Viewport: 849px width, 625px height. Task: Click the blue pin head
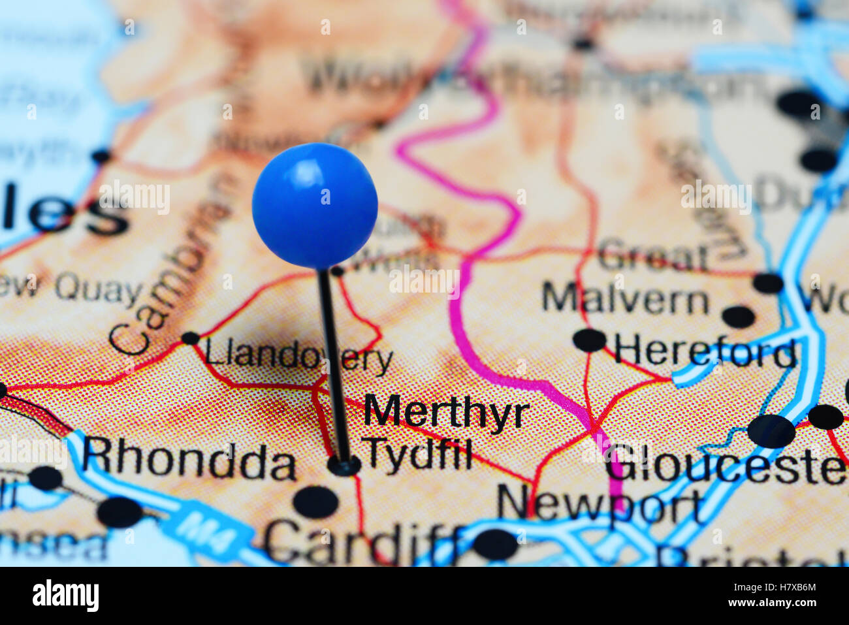pos(315,205)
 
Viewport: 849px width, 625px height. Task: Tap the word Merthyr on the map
pos(446,412)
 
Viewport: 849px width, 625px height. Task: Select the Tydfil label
pos(417,452)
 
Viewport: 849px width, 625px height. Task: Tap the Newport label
pos(600,503)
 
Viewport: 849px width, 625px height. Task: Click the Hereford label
pos(705,353)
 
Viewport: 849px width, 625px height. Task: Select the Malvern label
pos(625,300)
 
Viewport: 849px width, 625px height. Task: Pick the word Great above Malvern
pos(652,256)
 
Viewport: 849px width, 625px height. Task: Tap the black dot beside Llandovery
pos(190,338)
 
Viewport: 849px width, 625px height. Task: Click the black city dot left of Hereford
pos(589,340)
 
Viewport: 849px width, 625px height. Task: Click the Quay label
pos(99,290)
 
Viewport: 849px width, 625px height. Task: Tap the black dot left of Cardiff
pos(315,502)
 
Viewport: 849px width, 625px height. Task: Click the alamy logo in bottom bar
pos(65,596)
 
